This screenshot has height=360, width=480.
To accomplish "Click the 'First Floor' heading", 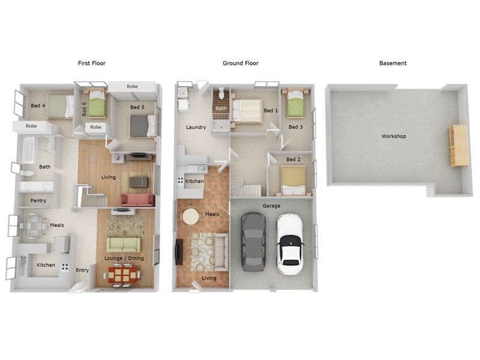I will [91, 63].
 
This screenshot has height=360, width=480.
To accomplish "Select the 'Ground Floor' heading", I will [241, 63].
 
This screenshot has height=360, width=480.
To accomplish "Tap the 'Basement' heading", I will [393, 63].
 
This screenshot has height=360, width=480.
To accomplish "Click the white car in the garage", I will [290, 243].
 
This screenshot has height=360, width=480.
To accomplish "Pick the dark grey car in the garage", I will [253, 241].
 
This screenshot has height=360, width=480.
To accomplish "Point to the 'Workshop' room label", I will [394, 136].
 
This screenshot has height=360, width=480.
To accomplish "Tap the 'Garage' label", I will [271, 206].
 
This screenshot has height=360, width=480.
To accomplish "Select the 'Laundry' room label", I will [196, 127].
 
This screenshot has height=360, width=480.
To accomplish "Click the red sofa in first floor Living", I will [137, 200].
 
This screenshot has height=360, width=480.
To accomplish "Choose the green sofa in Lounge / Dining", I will [124, 244].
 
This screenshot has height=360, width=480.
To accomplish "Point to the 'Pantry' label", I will [38, 200].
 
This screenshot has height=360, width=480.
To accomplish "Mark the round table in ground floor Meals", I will [191, 216].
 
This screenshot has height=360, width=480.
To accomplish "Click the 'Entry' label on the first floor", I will [82, 270].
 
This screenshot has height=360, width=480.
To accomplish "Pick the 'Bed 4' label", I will [38, 106].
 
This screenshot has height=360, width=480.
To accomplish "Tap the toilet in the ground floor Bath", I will [222, 94].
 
